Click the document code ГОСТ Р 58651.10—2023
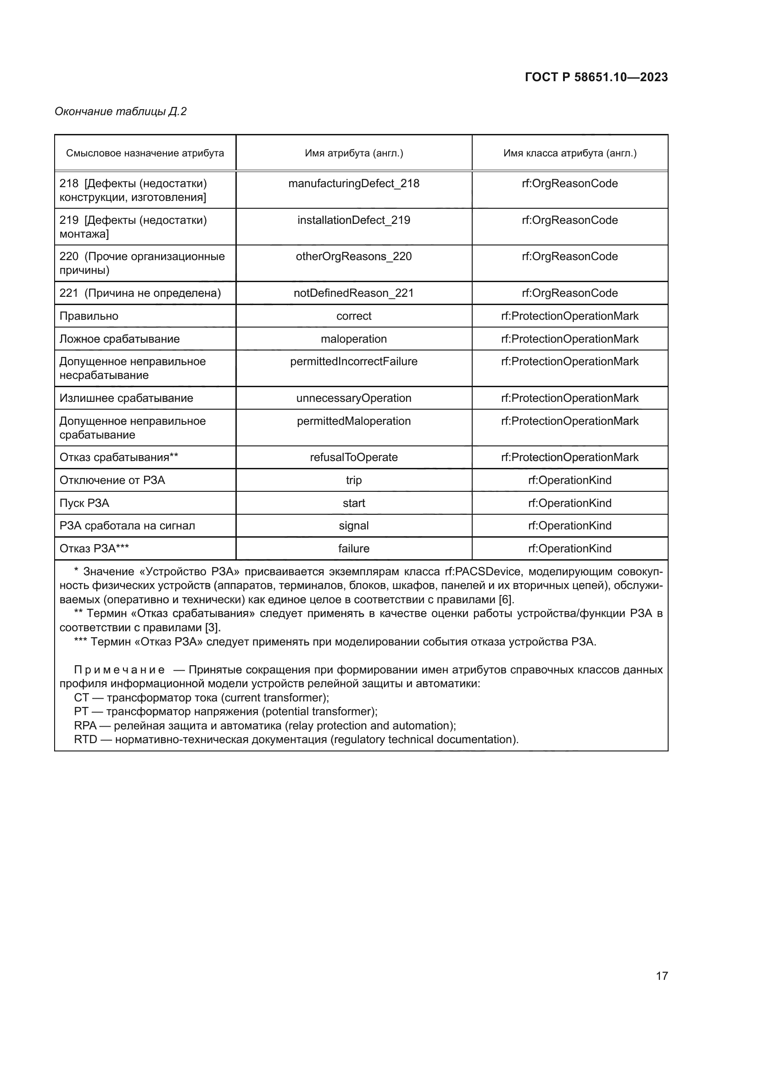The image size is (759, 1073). [596, 77]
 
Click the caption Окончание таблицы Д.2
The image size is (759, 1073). [121, 111]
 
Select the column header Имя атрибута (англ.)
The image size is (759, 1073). [354, 153]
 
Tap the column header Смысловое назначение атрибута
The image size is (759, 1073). [145, 153]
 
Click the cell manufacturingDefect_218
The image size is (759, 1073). [354, 183]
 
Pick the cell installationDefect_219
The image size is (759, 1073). [354, 220]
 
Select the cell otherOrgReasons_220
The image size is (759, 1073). [354, 256]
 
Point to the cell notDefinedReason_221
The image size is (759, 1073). [354, 293]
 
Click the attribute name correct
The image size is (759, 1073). [354, 316]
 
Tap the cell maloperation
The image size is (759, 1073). [354, 339]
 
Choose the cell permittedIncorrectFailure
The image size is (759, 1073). [354, 361]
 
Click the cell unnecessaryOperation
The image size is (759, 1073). [354, 398]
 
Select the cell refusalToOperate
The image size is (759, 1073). [354, 457]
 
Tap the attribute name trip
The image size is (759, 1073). [354, 480]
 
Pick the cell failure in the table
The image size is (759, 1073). [354, 549]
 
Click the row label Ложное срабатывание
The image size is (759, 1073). [120, 339]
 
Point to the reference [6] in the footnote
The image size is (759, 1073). [506, 600]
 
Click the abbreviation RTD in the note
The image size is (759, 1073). [85, 739]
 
